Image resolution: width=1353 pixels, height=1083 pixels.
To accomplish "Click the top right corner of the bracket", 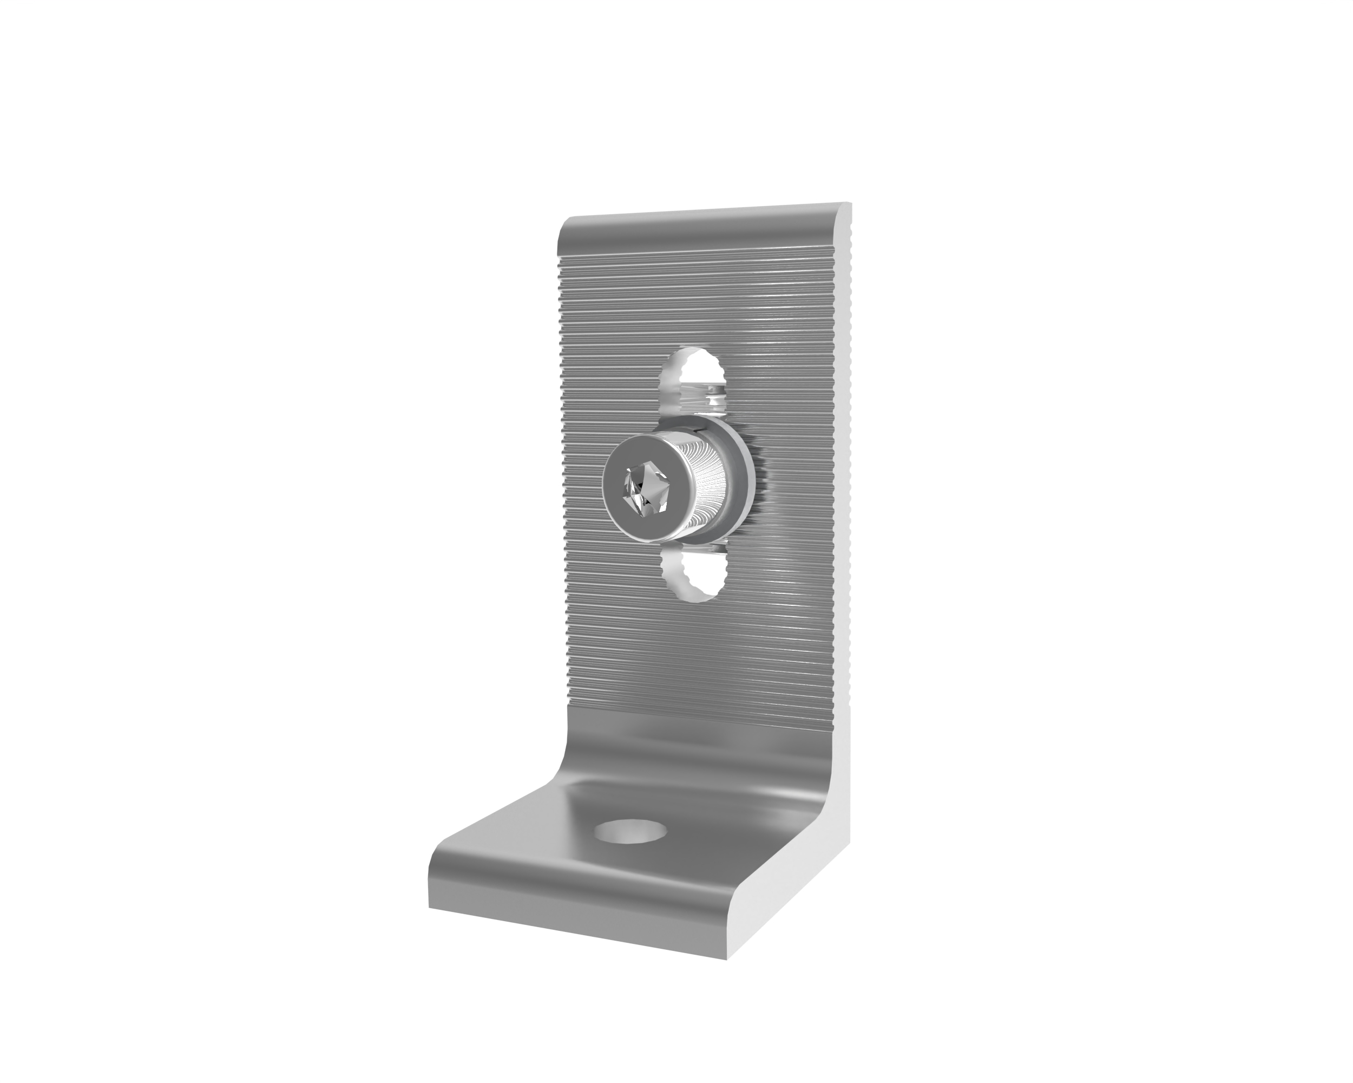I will click(x=849, y=204).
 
